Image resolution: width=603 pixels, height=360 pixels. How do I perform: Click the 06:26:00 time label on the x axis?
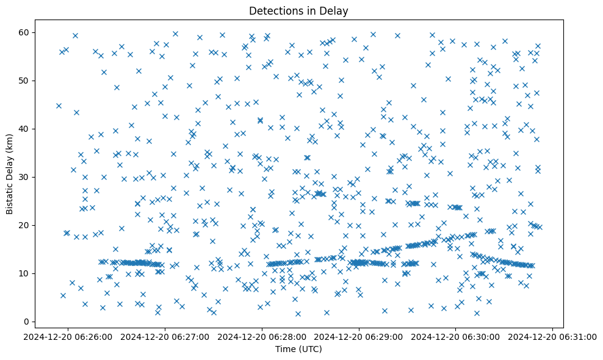(x=68, y=336)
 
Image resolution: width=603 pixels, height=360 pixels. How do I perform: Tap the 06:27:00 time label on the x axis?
(x=165, y=336)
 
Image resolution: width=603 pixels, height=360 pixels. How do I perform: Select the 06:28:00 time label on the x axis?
(x=262, y=336)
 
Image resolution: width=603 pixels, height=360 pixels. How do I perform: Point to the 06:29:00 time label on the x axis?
(x=359, y=336)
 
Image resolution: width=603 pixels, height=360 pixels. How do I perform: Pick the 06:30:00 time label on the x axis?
(x=456, y=336)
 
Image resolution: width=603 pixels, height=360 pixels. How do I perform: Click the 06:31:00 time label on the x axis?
(x=553, y=336)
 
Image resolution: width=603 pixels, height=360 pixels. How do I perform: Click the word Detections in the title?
(x=275, y=10)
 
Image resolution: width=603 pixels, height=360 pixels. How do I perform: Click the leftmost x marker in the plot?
(x=59, y=106)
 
